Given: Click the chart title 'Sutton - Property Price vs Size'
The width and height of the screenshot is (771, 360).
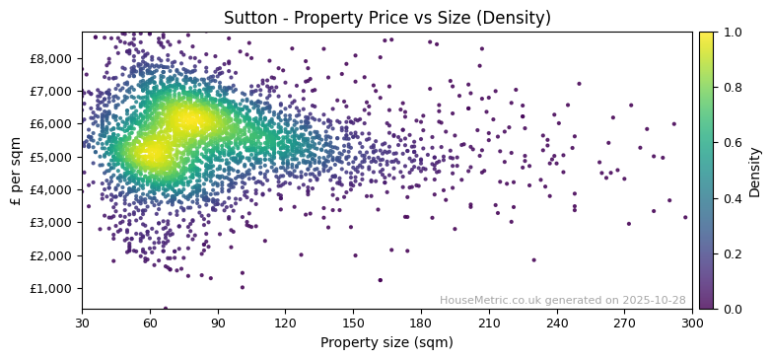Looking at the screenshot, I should [x=386, y=18].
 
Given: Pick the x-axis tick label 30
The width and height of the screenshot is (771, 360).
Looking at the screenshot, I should [x=82, y=323].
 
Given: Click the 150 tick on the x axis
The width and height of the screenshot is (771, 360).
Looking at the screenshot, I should [x=353, y=323].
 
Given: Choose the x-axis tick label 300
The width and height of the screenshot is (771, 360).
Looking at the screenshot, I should [x=692, y=323].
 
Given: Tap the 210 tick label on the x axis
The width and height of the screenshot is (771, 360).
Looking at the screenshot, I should [x=489, y=323].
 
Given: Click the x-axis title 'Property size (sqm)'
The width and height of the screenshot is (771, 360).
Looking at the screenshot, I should [x=386, y=343].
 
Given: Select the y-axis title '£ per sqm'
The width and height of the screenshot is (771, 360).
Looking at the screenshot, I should [x=16, y=171].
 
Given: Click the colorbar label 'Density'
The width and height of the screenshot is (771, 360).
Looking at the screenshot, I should [x=754, y=171].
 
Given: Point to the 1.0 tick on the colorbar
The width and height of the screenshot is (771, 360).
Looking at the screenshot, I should [x=729, y=33].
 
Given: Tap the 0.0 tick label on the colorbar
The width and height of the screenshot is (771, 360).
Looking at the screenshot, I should [x=729, y=310].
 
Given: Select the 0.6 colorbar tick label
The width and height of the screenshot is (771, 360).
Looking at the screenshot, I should [x=729, y=143].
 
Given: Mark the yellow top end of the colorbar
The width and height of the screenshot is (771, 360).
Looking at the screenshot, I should [x=706, y=36].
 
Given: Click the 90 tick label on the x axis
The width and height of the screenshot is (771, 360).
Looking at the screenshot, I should [x=218, y=323].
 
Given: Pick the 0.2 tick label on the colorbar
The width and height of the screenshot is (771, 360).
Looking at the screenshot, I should [x=729, y=254].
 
